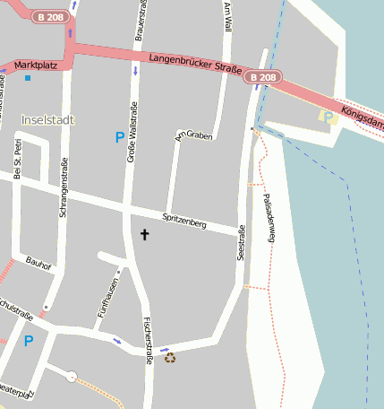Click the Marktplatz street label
[x=36, y=65]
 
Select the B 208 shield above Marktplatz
[x=50, y=17]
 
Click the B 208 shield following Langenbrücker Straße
[x=263, y=79]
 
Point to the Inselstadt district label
[x=47, y=119]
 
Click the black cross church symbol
[x=144, y=234]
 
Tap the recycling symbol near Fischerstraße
[x=169, y=357]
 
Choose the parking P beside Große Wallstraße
[x=119, y=137]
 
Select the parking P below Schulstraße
[x=29, y=341]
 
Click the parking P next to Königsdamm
[x=328, y=117]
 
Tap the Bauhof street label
[x=38, y=266]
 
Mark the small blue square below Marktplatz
[x=28, y=78]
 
